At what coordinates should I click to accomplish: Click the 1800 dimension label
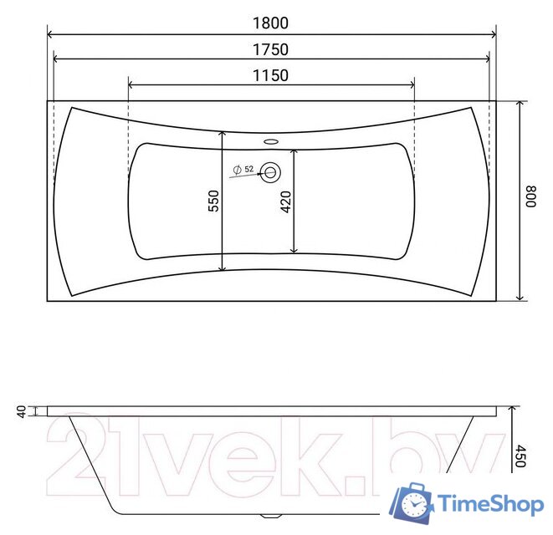270,23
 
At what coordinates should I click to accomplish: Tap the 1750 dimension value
270,49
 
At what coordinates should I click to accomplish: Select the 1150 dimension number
270,75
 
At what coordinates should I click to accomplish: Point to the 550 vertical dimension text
213,201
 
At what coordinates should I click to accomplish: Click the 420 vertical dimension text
285,202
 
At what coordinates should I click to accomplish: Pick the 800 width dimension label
530,196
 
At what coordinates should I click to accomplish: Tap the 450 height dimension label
520,456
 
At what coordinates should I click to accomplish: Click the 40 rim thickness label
22,411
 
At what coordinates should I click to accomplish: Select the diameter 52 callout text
243,170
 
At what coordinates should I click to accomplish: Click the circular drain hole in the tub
271,172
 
